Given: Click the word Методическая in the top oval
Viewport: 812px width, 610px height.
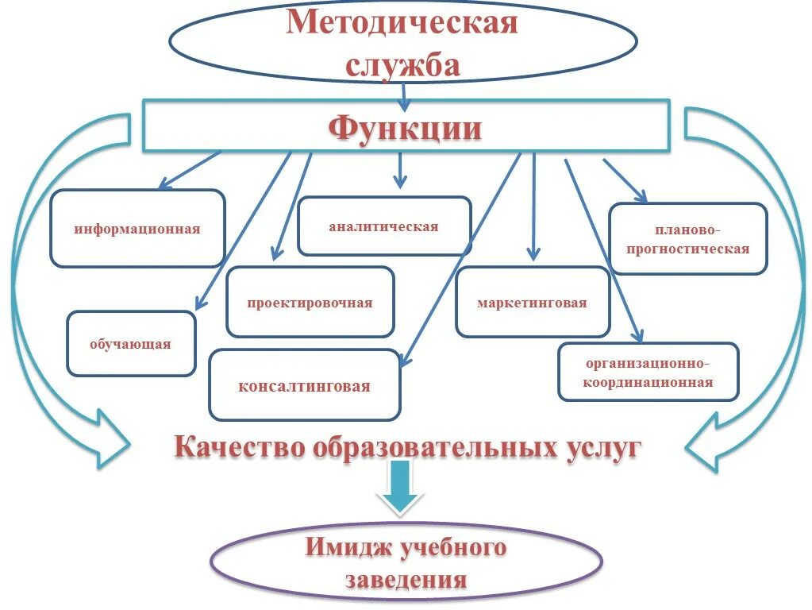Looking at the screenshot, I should tap(402, 22).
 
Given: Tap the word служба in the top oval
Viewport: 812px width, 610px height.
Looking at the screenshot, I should tap(402, 65).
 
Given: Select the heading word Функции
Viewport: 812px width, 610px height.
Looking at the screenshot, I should tap(405, 127).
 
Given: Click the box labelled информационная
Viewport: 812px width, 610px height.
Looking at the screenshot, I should tap(137, 229).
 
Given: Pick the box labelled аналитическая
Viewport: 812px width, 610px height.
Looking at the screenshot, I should tap(384, 226).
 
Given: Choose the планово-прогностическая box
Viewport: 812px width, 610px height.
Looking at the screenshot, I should tap(688, 239).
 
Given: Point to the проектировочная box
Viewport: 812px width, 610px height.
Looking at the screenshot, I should tap(310, 303).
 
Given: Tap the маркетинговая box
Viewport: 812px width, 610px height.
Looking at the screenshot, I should tap(533, 303).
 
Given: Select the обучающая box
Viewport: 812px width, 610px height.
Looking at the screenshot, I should tap(131, 344).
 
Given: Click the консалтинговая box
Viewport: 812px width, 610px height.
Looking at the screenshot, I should tap(305, 386).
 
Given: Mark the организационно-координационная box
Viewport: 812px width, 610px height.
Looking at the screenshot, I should tap(648, 373).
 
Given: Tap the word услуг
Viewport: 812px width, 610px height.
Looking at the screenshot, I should tap(600, 447).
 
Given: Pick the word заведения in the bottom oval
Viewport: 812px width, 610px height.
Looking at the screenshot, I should tap(406, 580).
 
